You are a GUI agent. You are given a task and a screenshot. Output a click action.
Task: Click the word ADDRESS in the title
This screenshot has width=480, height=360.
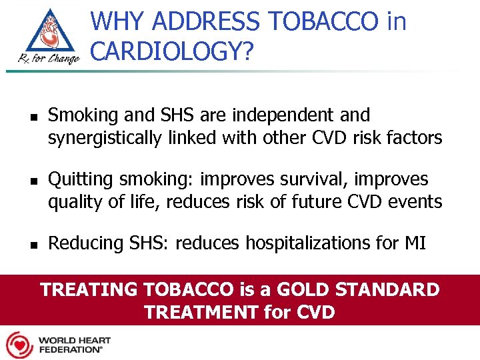coord(207,21)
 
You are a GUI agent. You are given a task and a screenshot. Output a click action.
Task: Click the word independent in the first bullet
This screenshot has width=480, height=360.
coord(285,116)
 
